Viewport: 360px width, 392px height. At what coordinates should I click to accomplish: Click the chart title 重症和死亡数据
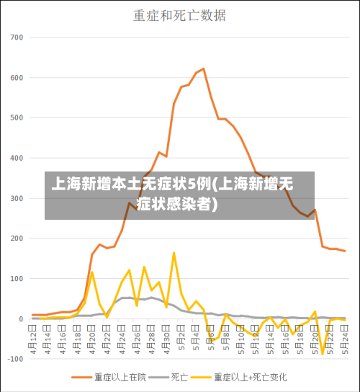179,14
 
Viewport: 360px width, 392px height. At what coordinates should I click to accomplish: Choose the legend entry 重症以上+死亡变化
248,377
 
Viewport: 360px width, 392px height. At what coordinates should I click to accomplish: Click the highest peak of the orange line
204,68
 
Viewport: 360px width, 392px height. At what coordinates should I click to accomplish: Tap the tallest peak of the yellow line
174,253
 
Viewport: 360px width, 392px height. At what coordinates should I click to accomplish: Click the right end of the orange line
345,251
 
